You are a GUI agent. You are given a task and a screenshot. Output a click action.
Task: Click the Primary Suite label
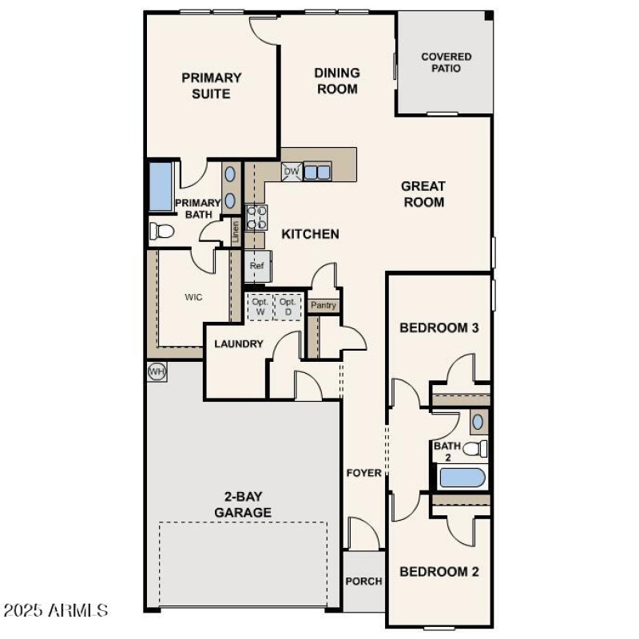(x=211, y=85)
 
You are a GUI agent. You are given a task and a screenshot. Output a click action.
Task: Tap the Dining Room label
(x=337, y=81)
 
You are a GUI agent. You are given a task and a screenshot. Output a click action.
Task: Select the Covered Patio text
(x=446, y=62)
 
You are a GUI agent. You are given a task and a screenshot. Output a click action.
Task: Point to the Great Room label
(x=423, y=194)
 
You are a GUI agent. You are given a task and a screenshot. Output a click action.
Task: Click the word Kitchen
(x=310, y=234)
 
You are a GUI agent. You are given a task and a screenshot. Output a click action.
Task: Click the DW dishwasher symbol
(x=292, y=171)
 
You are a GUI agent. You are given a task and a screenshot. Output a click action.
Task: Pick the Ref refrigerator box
(x=257, y=267)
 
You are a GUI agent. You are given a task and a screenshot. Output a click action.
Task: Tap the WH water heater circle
(x=157, y=371)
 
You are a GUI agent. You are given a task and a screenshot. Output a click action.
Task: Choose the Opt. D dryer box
(x=288, y=307)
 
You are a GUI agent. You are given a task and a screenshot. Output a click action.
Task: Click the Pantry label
(x=323, y=305)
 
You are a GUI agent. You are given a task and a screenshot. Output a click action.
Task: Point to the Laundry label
(x=239, y=344)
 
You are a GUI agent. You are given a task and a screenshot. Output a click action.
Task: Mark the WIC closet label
(x=193, y=297)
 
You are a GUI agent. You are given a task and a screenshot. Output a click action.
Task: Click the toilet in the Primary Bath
(x=162, y=232)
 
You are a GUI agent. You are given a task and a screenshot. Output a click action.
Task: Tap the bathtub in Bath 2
(x=462, y=478)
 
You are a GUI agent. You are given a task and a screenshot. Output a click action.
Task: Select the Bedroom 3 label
(x=439, y=327)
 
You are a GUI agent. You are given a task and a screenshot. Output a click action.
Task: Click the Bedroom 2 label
(x=439, y=572)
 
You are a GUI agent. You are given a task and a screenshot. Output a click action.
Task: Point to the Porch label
(x=363, y=581)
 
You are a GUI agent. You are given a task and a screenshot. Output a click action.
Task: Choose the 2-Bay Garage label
(x=243, y=505)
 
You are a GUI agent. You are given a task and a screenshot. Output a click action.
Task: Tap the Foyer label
(x=363, y=473)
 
